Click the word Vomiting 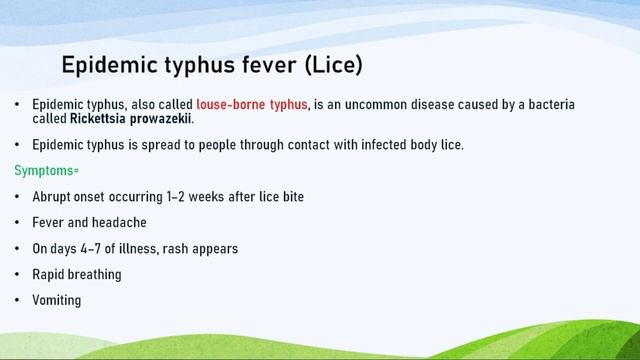(x=57, y=300)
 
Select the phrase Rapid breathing (x=77, y=274)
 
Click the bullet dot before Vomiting (x=17, y=300)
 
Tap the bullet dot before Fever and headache (x=17, y=222)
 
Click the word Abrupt (x=51, y=197)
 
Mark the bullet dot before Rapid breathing (x=17, y=274)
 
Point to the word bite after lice (x=291, y=197)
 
